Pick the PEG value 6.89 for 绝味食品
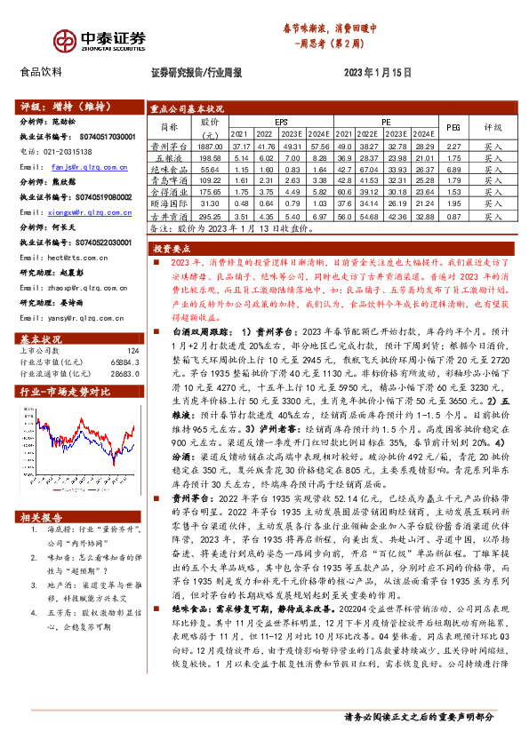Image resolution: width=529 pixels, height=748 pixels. (x=453, y=169)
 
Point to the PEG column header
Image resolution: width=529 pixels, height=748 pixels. (x=453, y=126)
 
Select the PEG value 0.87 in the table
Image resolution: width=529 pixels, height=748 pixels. (x=453, y=216)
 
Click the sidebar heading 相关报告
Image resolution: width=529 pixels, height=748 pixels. (x=42, y=518)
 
